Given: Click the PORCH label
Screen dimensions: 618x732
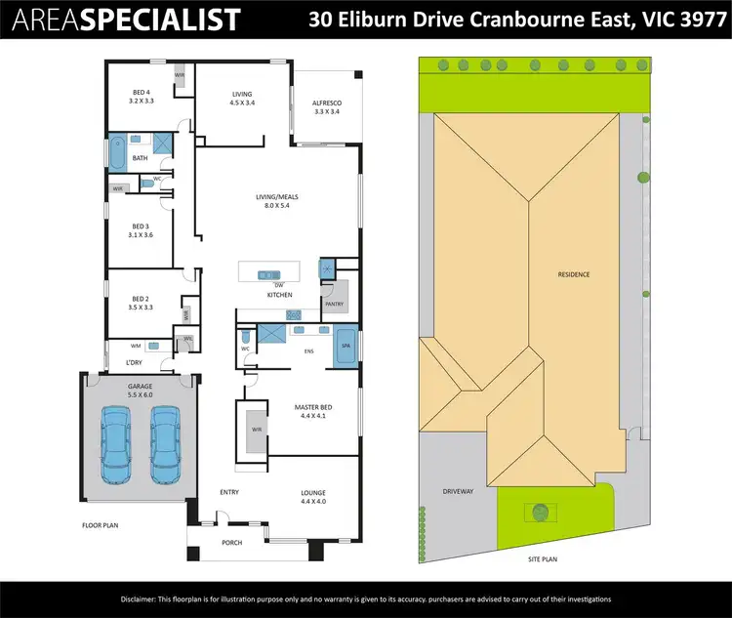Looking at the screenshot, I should (x=231, y=543).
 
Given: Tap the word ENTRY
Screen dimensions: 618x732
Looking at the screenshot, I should (x=229, y=492).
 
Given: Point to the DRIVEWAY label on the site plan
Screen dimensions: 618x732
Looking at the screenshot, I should (x=458, y=491).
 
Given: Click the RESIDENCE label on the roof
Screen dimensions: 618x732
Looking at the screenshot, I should (x=574, y=274).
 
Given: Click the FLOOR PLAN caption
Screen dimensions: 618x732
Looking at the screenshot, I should (x=101, y=525).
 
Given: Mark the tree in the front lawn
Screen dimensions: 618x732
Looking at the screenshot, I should (x=539, y=511).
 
